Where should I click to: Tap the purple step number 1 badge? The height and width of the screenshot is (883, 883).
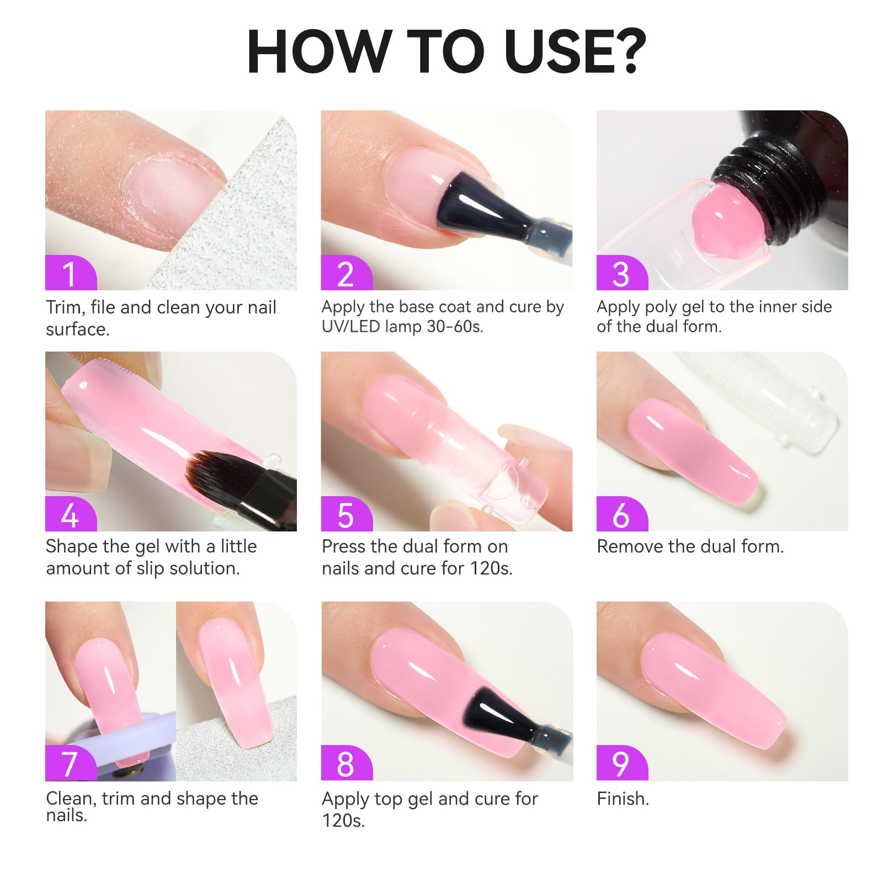pos(71,273)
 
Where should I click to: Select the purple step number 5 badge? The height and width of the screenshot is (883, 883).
pos(347,514)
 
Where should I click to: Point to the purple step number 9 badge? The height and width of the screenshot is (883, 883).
pos(622,763)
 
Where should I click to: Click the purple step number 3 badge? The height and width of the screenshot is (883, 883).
pos(622,273)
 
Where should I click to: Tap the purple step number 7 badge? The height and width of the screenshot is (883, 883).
pos(71,763)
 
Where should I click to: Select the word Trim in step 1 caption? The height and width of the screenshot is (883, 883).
pos(66,307)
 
